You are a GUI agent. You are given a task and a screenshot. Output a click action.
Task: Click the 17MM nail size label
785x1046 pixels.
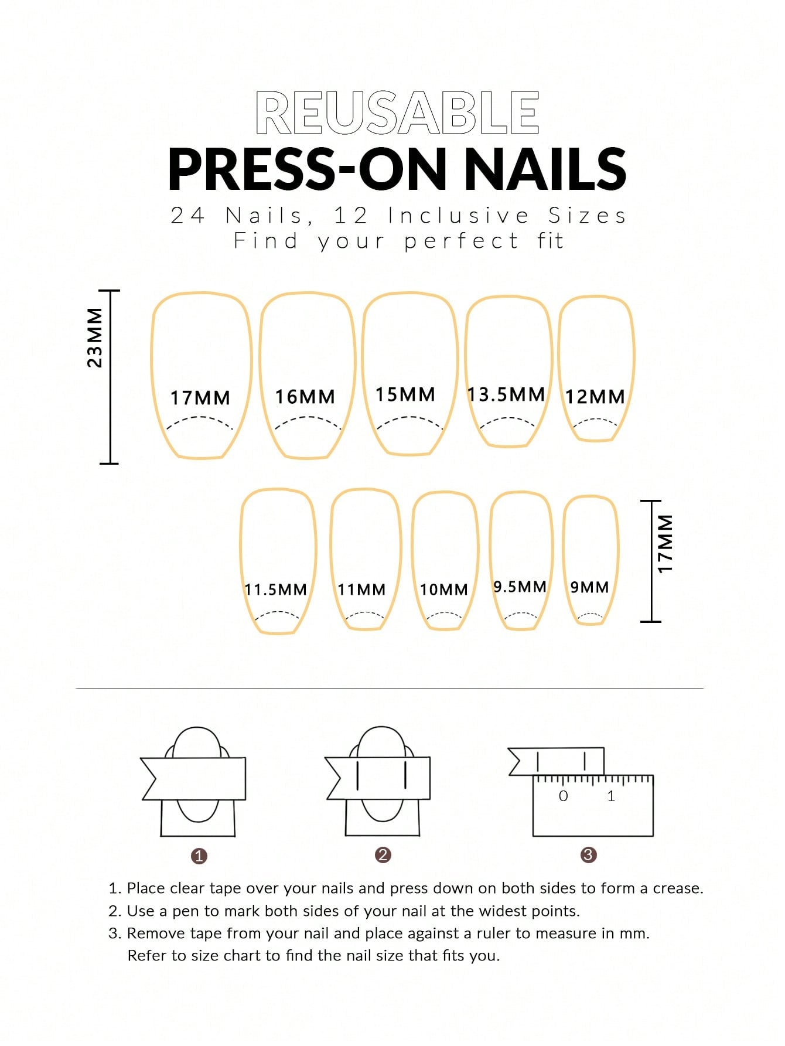tap(200, 398)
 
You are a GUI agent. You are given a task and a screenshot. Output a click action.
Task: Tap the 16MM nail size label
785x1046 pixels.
tap(305, 397)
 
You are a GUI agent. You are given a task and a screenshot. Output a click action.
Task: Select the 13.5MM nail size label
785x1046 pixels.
tap(506, 394)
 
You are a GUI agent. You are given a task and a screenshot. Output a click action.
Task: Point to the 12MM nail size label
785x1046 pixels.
tap(595, 397)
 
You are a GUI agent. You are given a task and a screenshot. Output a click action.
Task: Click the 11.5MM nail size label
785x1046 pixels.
tap(275, 590)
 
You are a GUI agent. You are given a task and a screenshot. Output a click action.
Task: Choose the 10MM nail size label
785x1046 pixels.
tap(444, 590)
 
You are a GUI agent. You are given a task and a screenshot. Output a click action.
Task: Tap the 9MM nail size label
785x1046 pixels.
tap(589, 587)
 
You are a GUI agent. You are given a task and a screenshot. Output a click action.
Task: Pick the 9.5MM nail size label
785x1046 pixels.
tap(520, 587)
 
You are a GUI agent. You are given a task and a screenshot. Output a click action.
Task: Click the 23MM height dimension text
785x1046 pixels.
tap(94, 338)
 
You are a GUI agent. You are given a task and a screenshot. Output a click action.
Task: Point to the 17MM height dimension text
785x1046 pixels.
tap(665, 544)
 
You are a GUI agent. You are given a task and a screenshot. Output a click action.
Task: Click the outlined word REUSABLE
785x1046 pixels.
tap(397, 113)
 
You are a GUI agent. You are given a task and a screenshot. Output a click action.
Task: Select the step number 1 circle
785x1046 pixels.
tap(199, 856)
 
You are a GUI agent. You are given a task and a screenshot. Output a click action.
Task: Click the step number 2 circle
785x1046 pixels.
tap(383, 855)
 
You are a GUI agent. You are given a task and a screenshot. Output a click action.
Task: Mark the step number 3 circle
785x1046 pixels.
tap(588, 855)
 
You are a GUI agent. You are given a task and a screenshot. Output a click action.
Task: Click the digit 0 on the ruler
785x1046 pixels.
tap(564, 796)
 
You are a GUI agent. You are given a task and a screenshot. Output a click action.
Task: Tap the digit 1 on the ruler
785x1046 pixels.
tap(611, 796)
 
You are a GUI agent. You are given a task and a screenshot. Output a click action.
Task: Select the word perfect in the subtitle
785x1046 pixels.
tap(462, 241)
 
